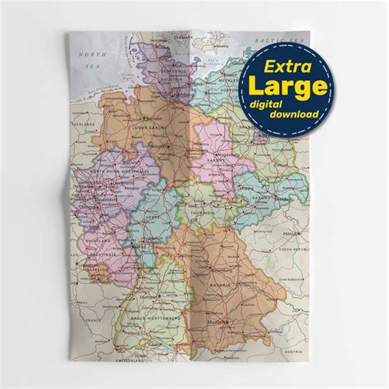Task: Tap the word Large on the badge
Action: [x=286, y=85]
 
